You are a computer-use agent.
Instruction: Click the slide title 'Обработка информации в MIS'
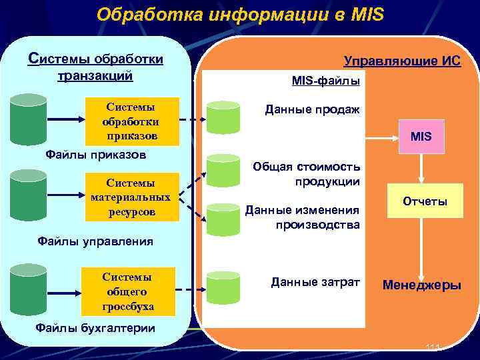[x=240, y=14]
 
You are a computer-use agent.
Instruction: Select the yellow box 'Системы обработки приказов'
[x=131, y=122]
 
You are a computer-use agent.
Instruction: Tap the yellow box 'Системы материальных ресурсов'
[x=131, y=197]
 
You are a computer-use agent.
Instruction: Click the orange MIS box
[x=421, y=137]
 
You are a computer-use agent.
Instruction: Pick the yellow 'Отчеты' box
[x=425, y=201]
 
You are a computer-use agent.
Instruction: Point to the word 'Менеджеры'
[x=421, y=285]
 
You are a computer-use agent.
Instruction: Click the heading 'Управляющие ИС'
[x=402, y=61]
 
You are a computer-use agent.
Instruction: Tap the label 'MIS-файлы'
[x=326, y=81]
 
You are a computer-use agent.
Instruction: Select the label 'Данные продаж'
[x=312, y=109]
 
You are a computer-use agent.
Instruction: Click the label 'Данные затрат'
[x=315, y=283]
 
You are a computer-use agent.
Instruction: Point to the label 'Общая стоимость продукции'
[x=307, y=173]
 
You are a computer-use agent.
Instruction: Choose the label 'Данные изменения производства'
[x=303, y=217]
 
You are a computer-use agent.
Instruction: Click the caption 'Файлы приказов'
[x=95, y=155]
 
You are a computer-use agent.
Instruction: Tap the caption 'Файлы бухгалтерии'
[x=95, y=327]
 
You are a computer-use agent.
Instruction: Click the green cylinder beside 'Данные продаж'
[x=223, y=117]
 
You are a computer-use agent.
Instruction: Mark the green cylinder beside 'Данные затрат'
[x=223, y=288]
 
